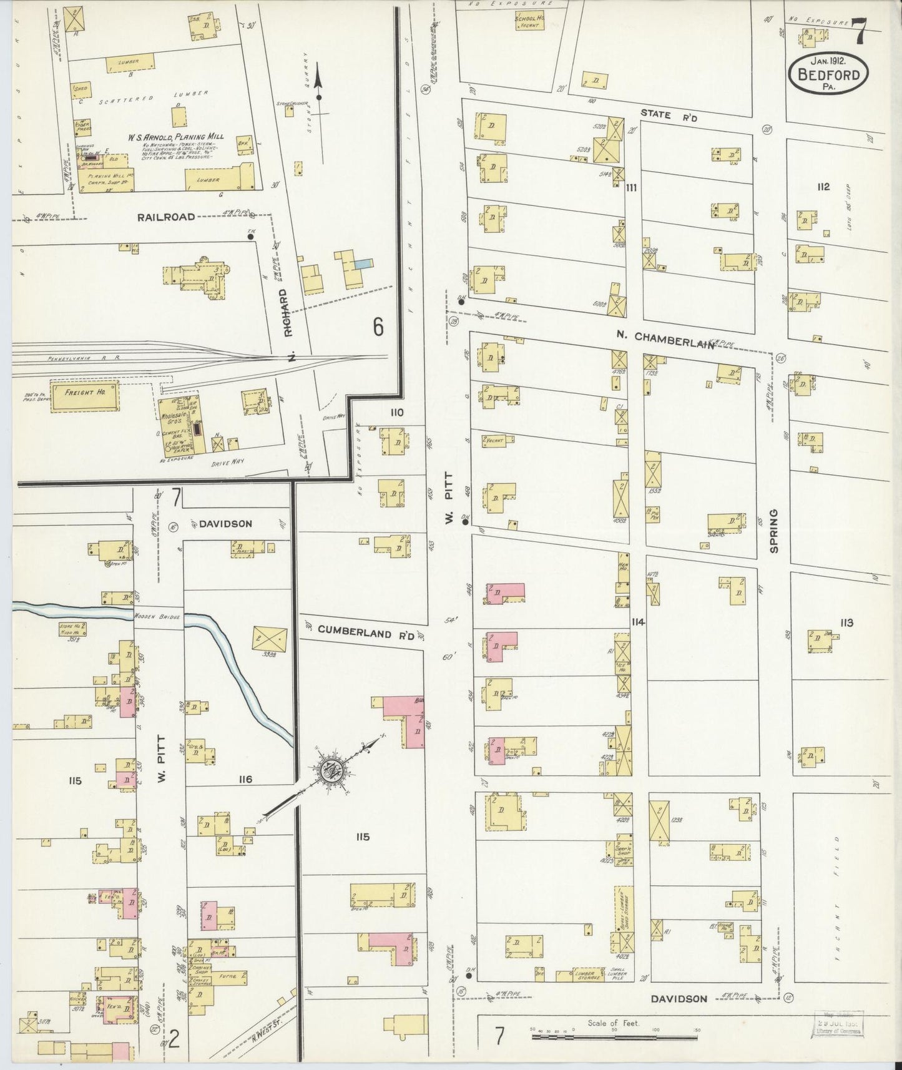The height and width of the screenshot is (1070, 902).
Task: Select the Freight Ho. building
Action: click(x=84, y=397)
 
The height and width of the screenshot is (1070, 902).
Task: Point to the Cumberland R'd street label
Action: click(x=366, y=631)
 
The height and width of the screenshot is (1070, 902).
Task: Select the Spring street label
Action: click(x=774, y=531)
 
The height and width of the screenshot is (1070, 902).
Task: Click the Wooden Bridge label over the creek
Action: click(x=157, y=617)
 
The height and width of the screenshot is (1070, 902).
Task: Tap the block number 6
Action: click(x=378, y=326)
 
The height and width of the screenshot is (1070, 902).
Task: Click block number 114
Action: click(x=637, y=622)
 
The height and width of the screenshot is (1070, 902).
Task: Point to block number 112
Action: click(x=823, y=186)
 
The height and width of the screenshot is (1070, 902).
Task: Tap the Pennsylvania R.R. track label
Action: click(x=78, y=358)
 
